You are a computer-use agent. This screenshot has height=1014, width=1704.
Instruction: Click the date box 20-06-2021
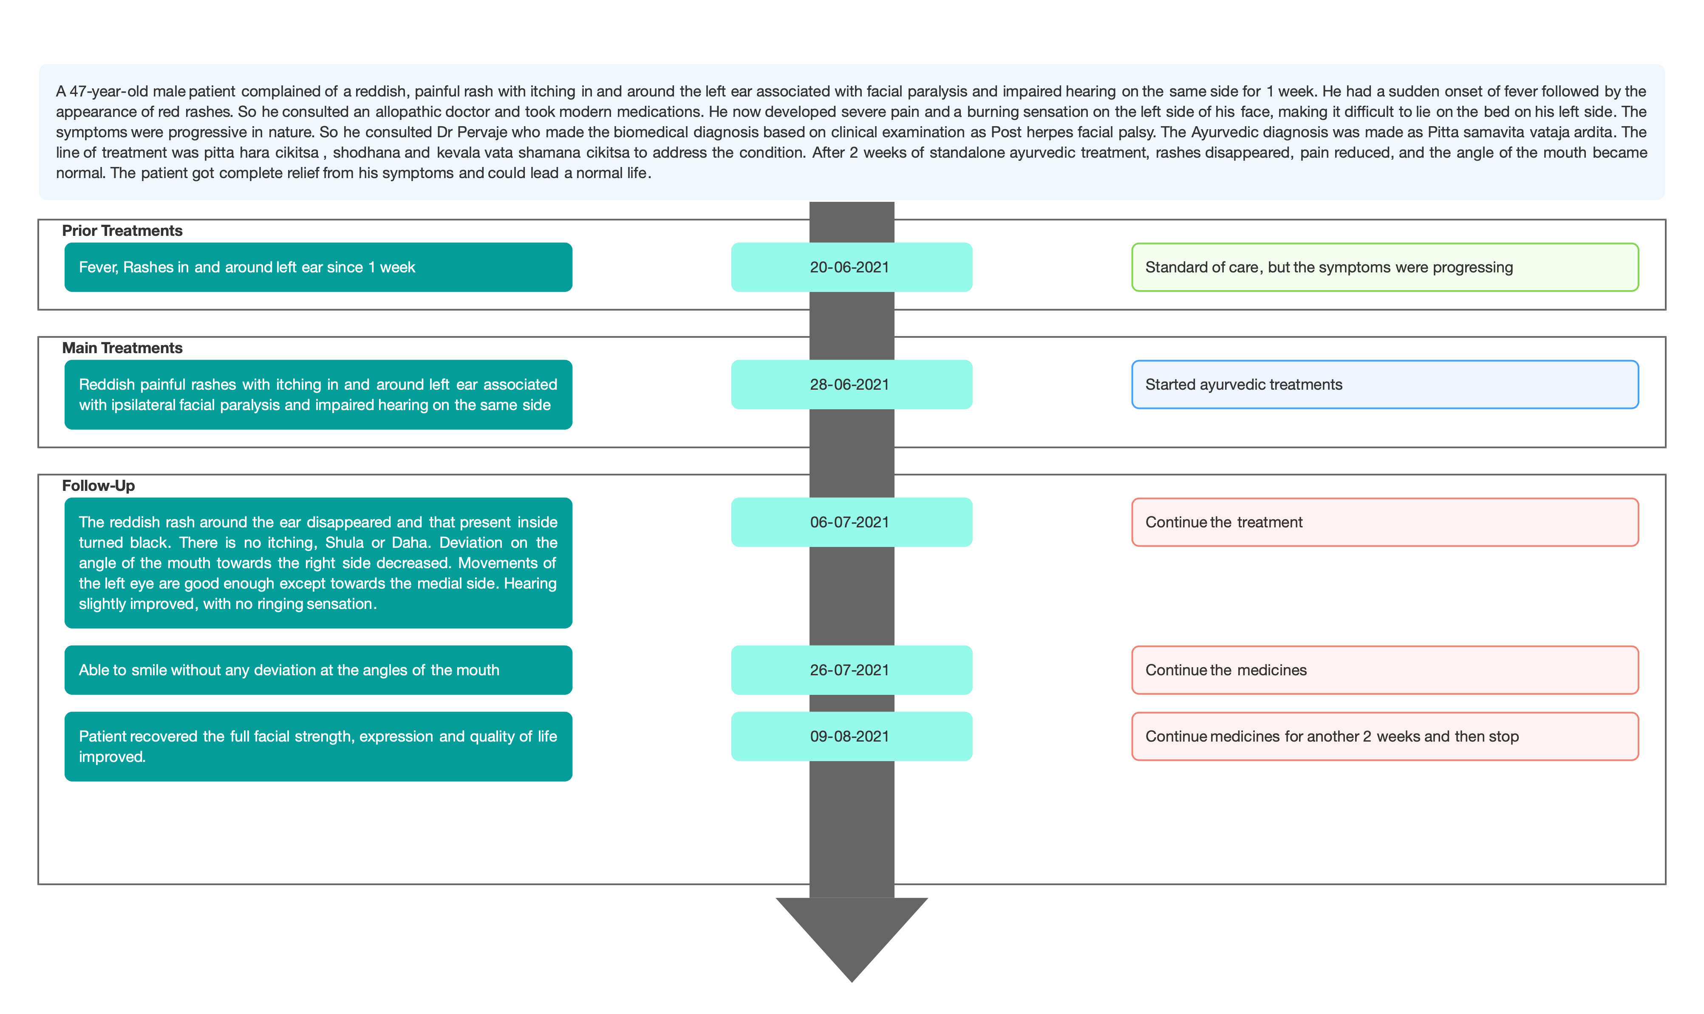[x=851, y=267]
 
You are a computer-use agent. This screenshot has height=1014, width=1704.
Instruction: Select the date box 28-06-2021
[x=851, y=385]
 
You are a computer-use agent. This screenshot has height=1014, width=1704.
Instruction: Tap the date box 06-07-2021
[x=851, y=522]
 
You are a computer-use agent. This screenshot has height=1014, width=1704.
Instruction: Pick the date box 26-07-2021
[x=851, y=670]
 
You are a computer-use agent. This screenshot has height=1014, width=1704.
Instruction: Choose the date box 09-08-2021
[x=851, y=736]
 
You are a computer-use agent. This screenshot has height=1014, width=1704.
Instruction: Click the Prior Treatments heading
[x=122, y=231]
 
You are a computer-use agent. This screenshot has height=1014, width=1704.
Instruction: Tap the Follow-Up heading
[x=99, y=486]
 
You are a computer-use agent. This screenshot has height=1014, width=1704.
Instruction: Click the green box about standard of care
[x=1385, y=267]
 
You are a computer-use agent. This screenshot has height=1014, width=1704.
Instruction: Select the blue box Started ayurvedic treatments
[x=1385, y=385]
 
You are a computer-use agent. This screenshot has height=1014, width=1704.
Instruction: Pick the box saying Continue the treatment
[x=1385, y=522]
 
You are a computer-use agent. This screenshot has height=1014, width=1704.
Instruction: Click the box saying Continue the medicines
[x=1385, y=670]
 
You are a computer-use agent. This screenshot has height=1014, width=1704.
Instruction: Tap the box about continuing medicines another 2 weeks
[x=1385, y=736]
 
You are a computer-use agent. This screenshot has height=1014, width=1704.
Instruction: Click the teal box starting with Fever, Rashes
[x=318, y=267]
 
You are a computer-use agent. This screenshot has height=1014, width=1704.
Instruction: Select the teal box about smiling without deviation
[x=318, y=670]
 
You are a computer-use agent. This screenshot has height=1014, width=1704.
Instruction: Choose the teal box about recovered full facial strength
[x=318, y=746]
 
